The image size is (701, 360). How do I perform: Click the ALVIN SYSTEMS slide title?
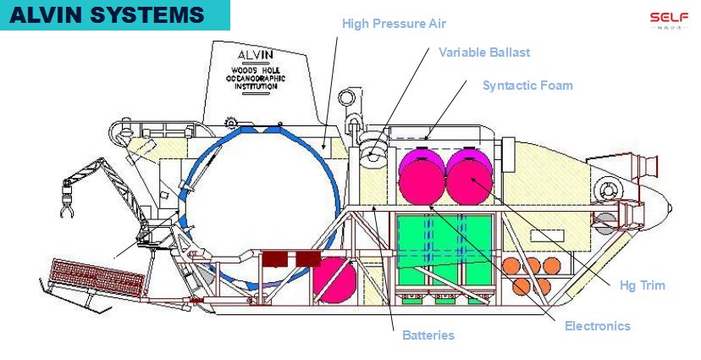coord(107,14)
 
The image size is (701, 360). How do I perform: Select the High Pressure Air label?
coord(394,24)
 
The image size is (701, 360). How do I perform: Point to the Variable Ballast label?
coord(484,53)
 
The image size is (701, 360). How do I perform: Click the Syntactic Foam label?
coord(527,86)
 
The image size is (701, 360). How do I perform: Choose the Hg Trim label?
coord(642,285)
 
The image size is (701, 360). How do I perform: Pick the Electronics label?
coord(598,326)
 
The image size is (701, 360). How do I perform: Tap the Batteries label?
coord(428,335)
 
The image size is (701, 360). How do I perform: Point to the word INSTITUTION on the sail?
coord(256,87)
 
